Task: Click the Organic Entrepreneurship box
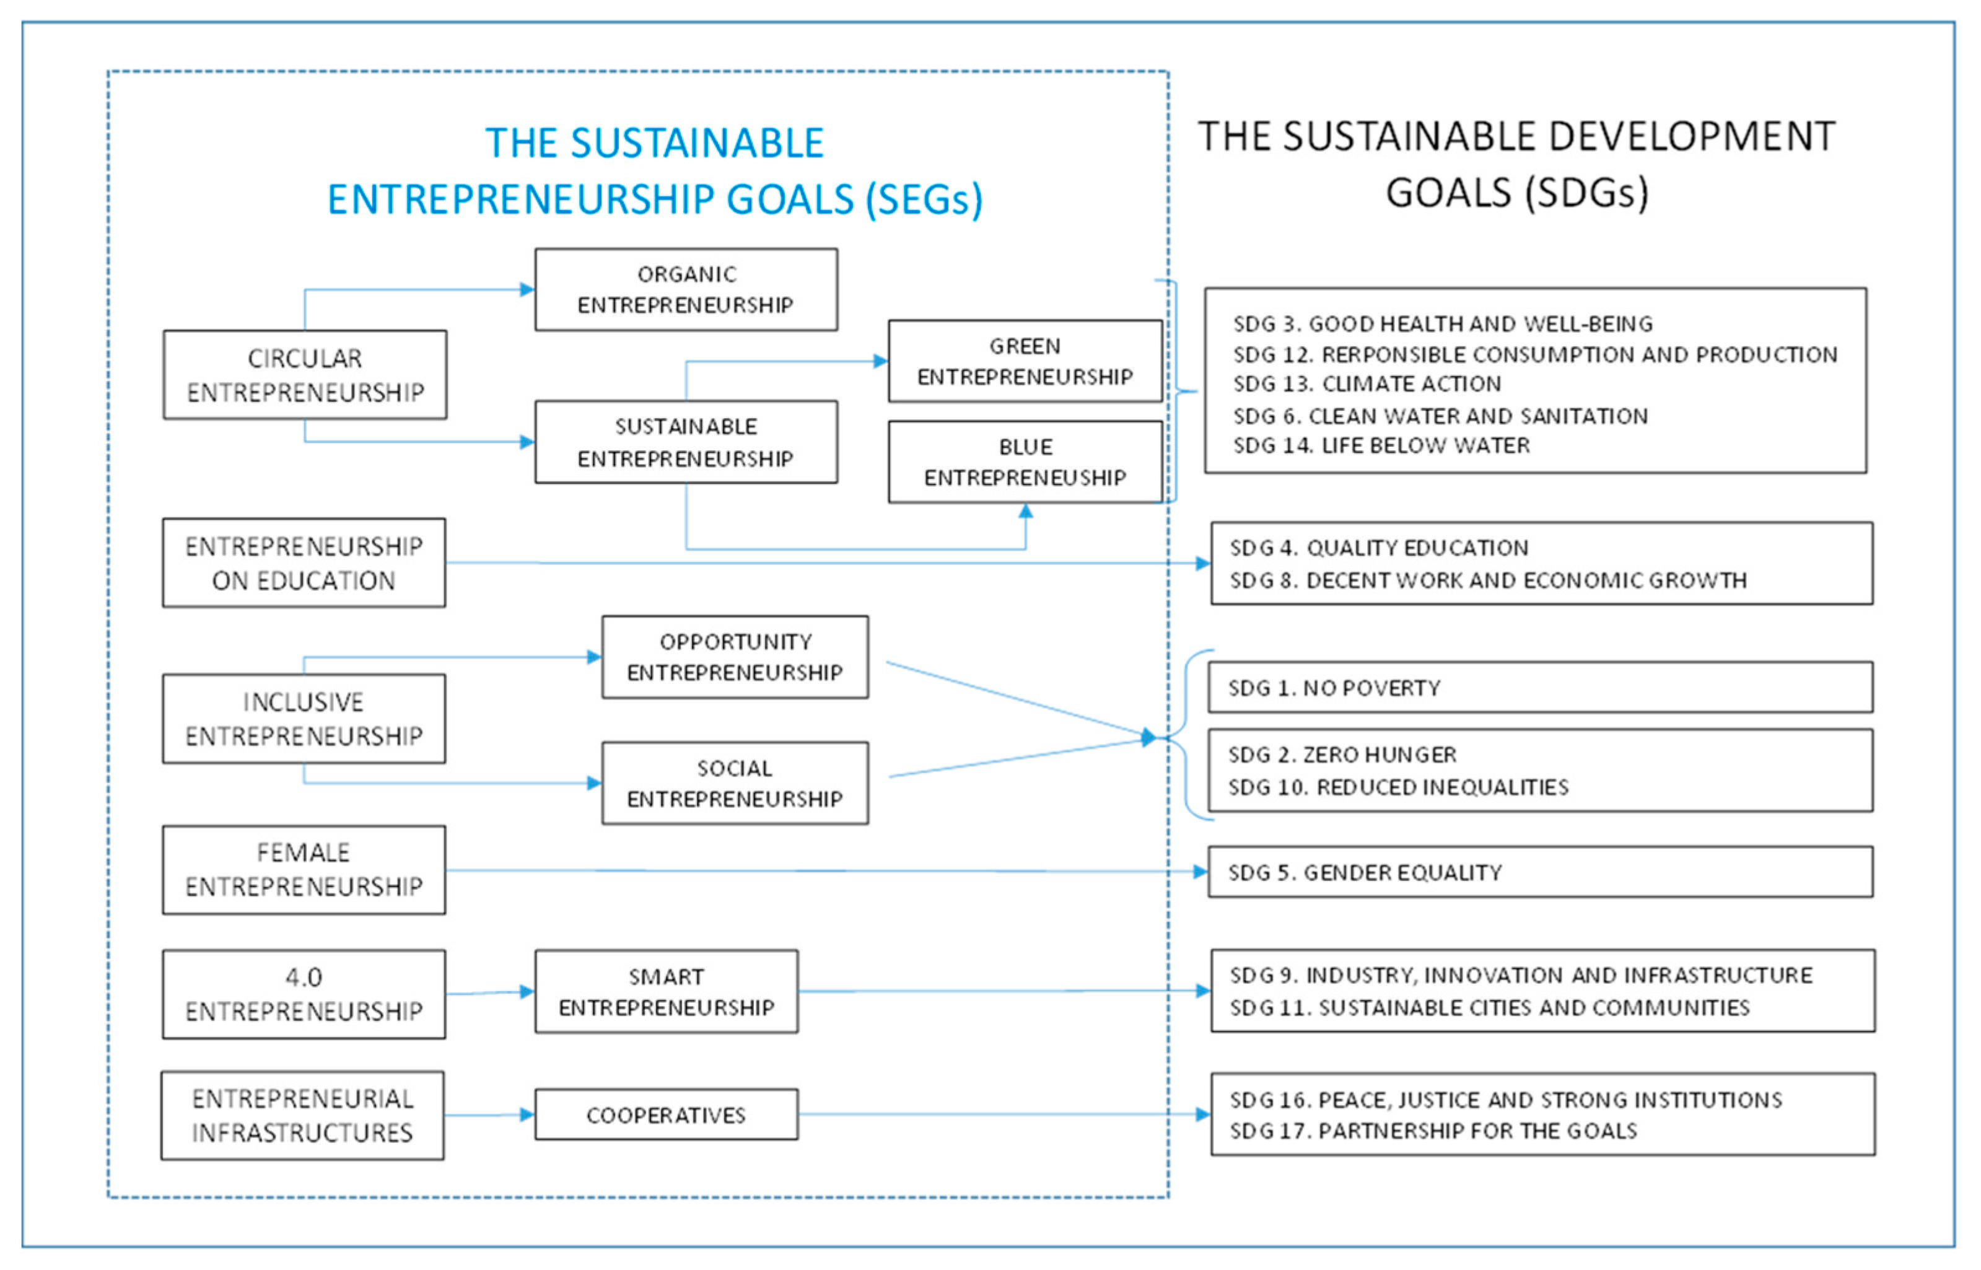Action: [x=686, y=289]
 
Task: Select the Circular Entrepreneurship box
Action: [x=305, y=375]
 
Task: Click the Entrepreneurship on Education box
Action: [x=304, y=563]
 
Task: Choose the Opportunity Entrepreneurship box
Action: [x=735, y=657]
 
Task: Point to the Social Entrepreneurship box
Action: [x=735, y=784]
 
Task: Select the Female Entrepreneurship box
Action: [x=304, y=870]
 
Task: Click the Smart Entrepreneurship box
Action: [x=666, y=992]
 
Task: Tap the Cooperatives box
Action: [x=666, y=1115]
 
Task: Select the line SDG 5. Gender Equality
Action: [x=1365, y=872]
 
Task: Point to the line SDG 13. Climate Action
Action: [x=1367, y=384]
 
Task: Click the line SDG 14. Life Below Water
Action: [x=1381, y=446]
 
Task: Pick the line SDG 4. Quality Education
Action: [x=1378, y=548]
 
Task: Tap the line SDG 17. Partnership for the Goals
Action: [x=1433, y=1131]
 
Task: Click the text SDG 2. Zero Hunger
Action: [x=1342, y=755]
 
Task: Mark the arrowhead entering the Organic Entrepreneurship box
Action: [x=527, y=289]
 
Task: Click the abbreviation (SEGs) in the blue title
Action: [x=924, y=199]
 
